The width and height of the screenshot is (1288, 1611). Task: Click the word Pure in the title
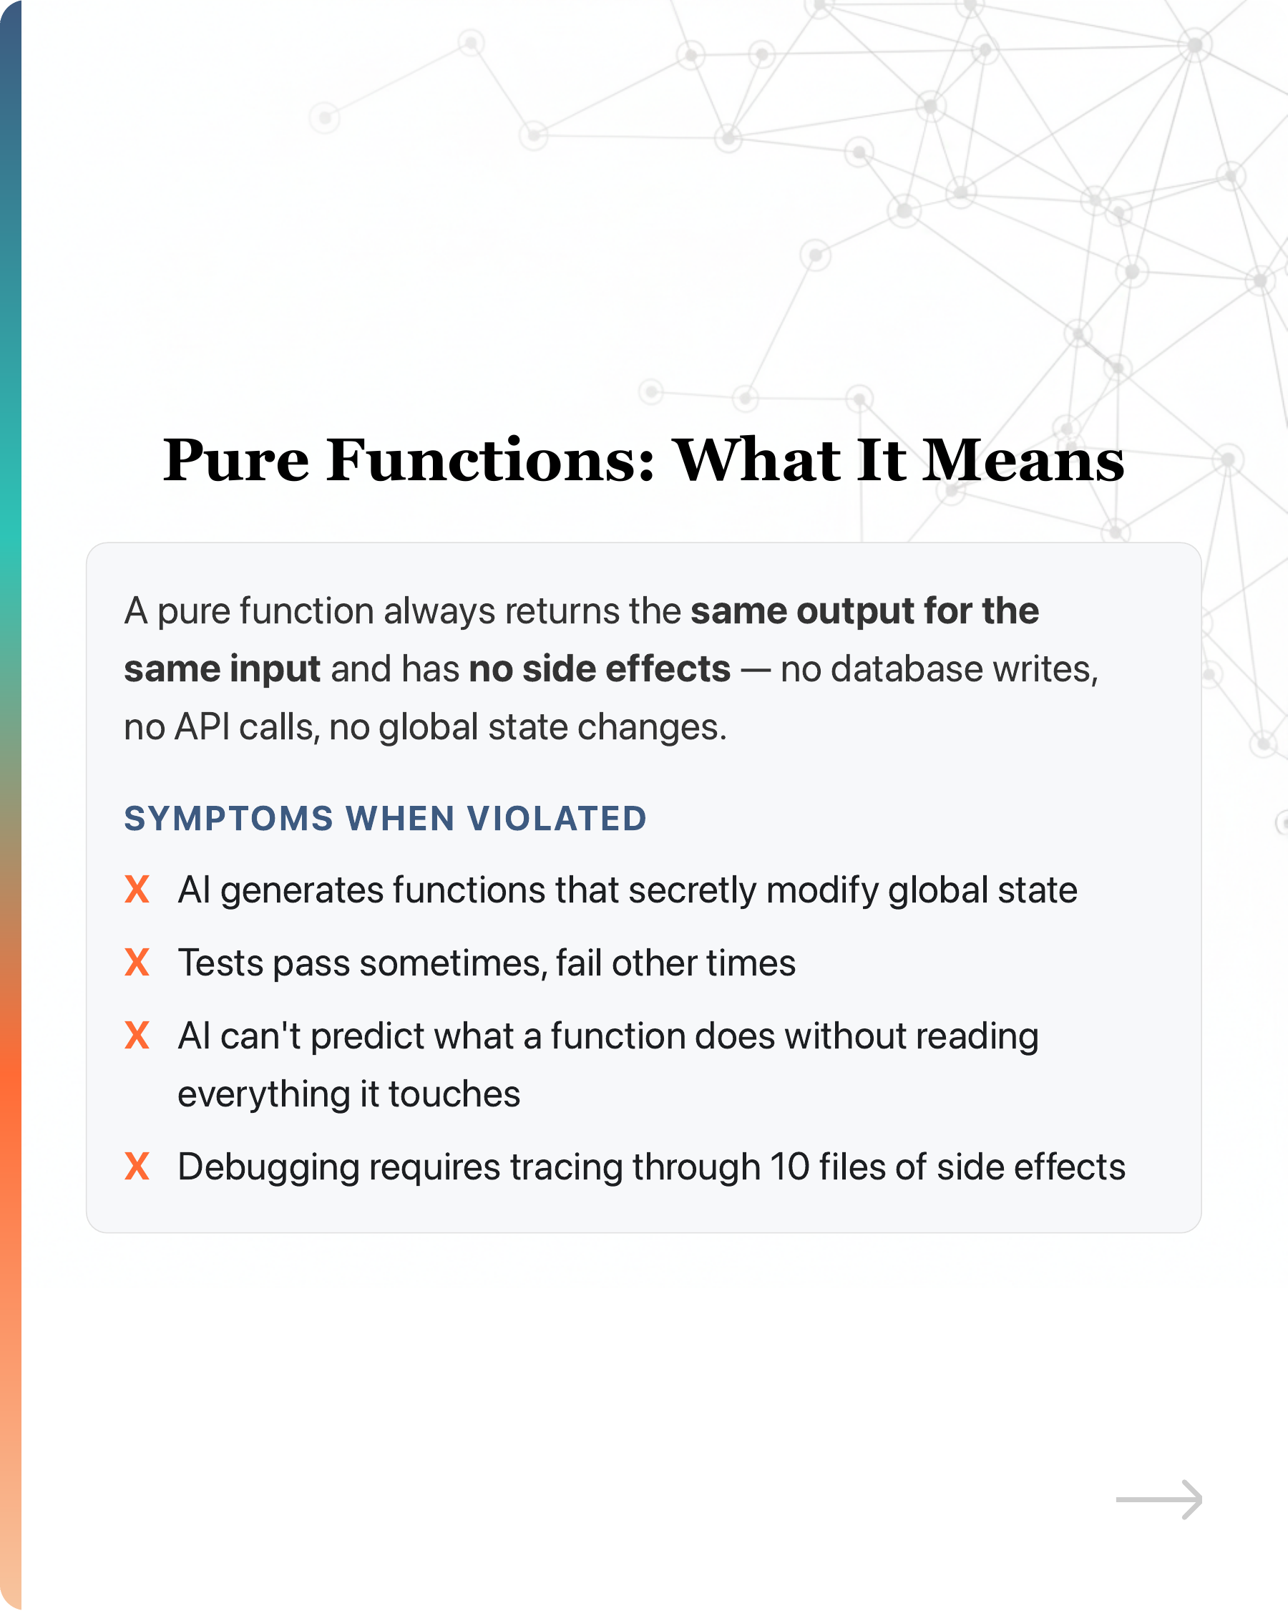tap(236, 460)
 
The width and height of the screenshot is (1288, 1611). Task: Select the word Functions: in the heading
tap(491, 460)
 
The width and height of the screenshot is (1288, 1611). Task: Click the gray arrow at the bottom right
tap(1158, 1499)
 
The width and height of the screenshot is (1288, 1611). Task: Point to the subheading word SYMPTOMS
tap(228, 819)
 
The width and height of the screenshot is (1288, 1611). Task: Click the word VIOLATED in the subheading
tap(557, 819)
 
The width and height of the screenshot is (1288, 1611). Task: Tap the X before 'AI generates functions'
tap(137, 890)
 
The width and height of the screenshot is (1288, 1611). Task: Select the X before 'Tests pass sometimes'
tap(137, 963)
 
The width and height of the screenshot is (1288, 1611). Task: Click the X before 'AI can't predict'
tap(137, 1036)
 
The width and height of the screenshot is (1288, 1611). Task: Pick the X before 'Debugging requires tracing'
tap(137, 1167)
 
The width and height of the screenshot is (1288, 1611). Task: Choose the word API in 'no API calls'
tap(202, 727)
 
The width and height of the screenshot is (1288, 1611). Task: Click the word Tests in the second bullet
tap(221, 963)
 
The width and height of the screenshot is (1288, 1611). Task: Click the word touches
tap(454, 1094)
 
